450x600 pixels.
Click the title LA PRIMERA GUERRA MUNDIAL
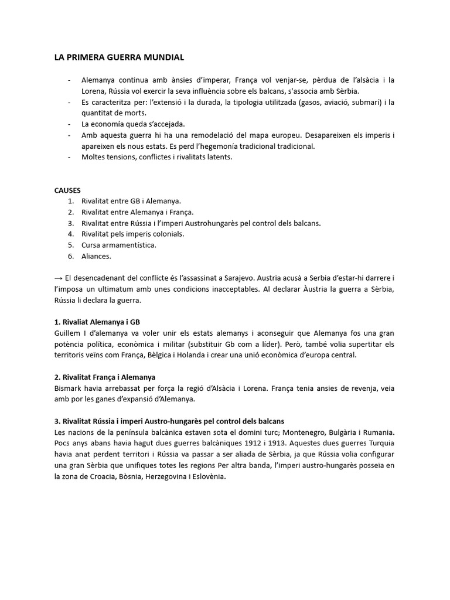pos(119,57)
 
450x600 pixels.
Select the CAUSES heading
pos(67,190)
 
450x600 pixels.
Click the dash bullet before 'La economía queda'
pos(70,124)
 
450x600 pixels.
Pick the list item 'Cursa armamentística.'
pos(119,245)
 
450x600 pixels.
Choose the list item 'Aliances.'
pos(97,256)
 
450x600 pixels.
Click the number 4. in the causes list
pos(70,234)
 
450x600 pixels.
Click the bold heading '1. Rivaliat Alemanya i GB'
pos(97,322)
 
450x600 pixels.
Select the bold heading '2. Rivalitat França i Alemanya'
pos(104,377)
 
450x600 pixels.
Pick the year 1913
pos(265,443)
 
